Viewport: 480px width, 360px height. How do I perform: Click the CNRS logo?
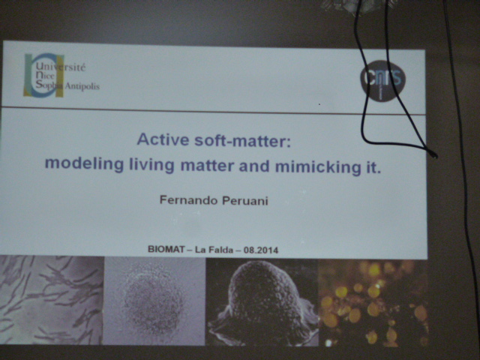[382, 80]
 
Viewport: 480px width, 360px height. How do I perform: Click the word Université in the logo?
[61, 67]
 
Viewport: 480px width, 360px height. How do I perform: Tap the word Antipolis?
[82, 86]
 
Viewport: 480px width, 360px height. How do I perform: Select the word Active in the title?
[163, 139]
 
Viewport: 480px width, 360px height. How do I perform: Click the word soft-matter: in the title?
[243, 142]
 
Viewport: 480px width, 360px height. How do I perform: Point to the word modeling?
[84, 163]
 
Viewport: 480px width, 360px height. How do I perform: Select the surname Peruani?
[245, 201]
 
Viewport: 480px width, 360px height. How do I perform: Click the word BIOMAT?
[166, 249]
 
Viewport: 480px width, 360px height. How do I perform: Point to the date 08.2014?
[261, 250]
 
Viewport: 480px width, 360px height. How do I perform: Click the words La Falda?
[214, 250]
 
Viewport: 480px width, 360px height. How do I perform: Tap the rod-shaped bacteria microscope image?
[52, 300]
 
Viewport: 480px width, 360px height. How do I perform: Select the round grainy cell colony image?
[154, 301]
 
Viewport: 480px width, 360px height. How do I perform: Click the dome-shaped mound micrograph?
[262, 302]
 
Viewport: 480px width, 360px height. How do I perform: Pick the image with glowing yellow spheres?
[373, 303]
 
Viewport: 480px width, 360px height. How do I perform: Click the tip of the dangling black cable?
[435, 155]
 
